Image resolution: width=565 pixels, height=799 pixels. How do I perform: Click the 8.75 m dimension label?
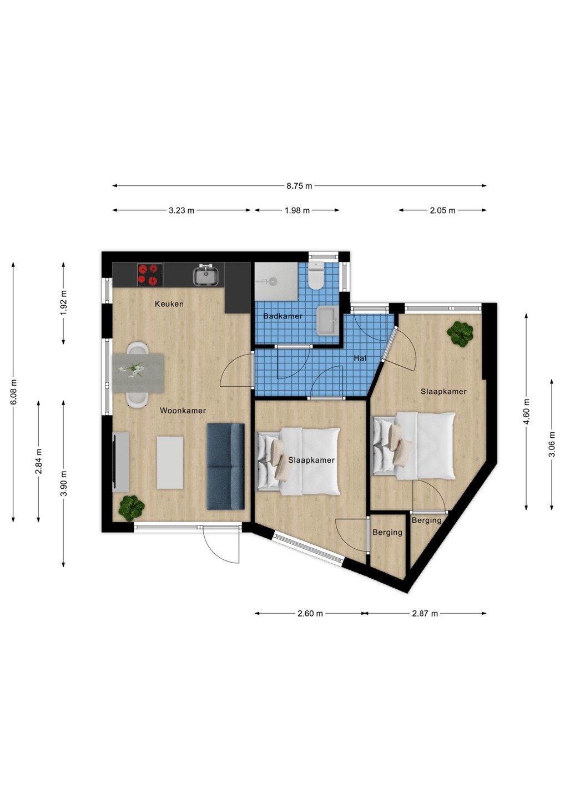coord(299,186)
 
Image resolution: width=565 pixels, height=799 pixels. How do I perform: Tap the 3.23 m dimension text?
coord(181,210)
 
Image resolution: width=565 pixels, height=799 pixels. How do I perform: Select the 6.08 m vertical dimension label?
coord(13,392)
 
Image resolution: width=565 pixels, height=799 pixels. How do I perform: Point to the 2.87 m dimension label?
coord(425,614)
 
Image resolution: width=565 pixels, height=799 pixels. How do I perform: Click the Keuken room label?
coord(169,304)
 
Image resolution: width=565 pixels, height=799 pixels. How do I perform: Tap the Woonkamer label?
coord(183,411)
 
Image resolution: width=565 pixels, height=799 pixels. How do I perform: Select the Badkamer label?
coord(283,316)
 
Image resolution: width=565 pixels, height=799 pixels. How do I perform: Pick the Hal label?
coord(360,358)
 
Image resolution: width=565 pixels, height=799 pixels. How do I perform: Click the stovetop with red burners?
coord(150,275)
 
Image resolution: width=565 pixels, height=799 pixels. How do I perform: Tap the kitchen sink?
coord(206,275)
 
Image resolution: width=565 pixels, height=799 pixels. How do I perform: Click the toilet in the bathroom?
coord(316,275)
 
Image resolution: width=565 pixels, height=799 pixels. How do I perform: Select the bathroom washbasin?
coord(327,321)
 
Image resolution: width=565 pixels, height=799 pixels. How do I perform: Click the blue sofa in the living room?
coord(226,466)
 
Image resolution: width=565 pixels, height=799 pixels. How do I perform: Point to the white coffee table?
coord(170,463)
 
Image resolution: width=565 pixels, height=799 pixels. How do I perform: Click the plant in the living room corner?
coord(132,507)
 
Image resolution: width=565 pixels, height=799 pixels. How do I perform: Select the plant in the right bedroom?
coord(461,333)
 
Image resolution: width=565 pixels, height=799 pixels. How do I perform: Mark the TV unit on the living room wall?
coord(120,462)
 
